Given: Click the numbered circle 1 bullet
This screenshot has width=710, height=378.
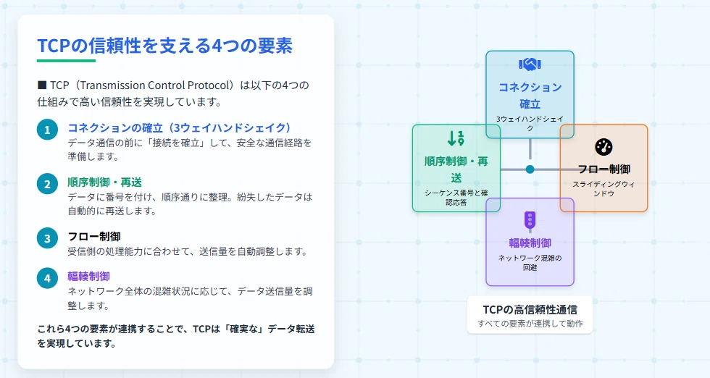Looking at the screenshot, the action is click(47, 130).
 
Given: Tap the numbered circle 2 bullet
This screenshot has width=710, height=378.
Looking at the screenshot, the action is click(47, 184).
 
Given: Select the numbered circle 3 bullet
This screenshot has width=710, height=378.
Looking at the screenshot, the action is click(47, 238).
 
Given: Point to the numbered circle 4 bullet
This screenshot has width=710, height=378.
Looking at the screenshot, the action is click(47, 278).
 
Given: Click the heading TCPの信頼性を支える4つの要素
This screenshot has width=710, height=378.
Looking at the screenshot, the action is click(165, 46).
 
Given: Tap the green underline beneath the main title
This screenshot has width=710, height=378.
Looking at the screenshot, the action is click(66, 61).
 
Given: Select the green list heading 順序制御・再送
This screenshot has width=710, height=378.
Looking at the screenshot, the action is click(104, 182).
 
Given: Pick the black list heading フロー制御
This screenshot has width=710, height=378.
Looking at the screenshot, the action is click(94, 236).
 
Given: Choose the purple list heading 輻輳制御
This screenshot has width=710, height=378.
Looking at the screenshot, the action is click(88, 276).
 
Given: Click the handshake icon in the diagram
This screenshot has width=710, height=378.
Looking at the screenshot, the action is click(530, 64).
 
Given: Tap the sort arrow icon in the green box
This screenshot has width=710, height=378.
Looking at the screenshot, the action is click(456, 138).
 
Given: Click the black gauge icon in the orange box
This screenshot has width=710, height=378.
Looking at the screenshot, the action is click(603, 147).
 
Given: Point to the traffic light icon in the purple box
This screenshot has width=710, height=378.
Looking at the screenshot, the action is click(530, 220).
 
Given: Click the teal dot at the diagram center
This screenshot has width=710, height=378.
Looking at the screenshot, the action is click(530, 169).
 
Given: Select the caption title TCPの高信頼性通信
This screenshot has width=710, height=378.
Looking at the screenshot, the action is click(530, 310).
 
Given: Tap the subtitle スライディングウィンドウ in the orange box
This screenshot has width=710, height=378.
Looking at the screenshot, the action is click(603, 189).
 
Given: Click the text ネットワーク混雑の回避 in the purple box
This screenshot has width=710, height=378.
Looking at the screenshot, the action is click(530, 263).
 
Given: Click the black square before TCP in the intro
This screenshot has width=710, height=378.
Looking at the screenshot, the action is click(42, 85).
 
